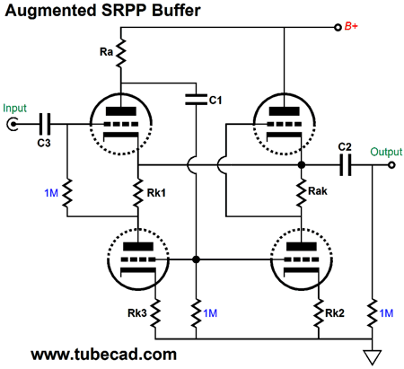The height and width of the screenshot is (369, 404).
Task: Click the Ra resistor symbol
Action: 121,53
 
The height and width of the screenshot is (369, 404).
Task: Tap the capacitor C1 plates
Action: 196,100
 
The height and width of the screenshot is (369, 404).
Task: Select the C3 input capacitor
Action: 45,124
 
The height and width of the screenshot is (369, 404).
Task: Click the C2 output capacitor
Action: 346,165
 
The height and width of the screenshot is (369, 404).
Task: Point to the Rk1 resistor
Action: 138,193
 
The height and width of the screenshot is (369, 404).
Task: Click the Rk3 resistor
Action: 155,313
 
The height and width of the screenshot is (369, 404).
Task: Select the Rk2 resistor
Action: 319,313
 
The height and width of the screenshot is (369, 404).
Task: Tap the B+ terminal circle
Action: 338,28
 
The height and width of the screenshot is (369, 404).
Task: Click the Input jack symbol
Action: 13,124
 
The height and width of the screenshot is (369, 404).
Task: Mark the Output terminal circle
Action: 391,165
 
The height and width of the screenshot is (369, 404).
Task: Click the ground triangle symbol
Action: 373,357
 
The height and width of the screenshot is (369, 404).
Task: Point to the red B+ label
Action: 351,26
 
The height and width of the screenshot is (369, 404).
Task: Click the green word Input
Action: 14,108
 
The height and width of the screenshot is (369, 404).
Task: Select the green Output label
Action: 386,152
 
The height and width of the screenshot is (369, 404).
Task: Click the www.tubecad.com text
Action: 103,355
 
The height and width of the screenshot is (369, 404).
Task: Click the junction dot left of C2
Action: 302,165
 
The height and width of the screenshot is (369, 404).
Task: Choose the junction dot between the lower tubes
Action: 196,259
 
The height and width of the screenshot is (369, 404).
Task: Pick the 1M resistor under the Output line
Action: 373,313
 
